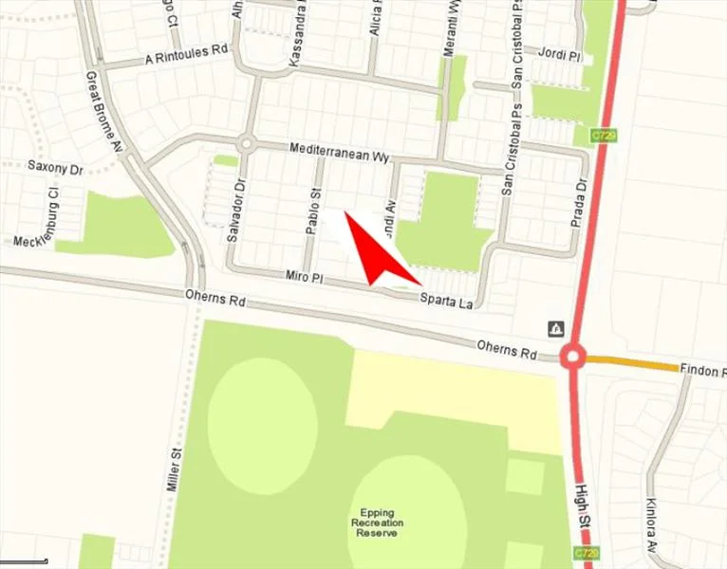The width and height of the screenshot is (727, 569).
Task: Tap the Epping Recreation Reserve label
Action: coord(377,523)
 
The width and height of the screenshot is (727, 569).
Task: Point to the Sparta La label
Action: coord(446,299)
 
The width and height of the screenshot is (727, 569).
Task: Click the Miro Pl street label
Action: coord(306,276)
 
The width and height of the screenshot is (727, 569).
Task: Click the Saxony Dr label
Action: coord(55,166)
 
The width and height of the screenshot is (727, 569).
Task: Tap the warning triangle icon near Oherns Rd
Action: coord(556,329)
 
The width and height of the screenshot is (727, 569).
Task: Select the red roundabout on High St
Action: coord(572,359)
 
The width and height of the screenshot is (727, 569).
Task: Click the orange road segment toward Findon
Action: coord(631,363)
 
